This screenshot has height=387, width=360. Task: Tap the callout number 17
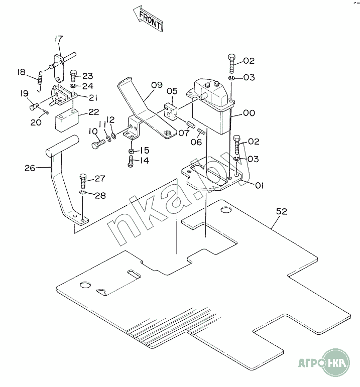tap(59, 39)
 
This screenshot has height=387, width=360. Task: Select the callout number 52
tap(281, 212)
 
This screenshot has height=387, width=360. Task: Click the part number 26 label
tap(30, 168)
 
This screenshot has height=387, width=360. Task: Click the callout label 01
tap(259, 185)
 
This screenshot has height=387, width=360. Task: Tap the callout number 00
tap(249, 113)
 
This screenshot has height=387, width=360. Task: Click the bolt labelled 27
tap(83, 179)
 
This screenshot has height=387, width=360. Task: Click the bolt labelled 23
tap(73, 76)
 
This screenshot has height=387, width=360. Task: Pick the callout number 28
tap(100, 195)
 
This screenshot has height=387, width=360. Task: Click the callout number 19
tap(24, 93)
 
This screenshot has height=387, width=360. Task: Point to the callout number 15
tap(145, 150)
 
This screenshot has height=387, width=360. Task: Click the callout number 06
tap(196, 142)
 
